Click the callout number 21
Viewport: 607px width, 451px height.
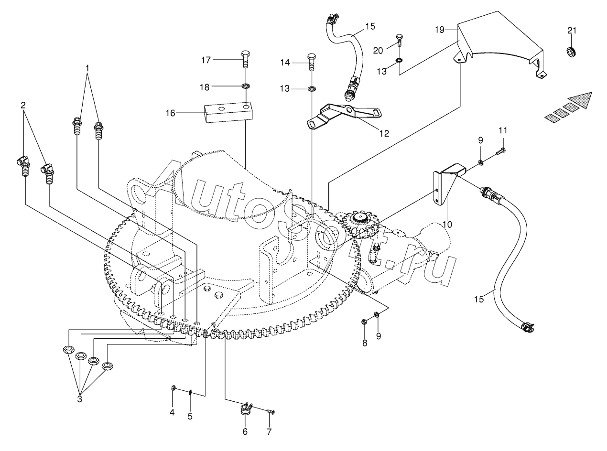coord(572,31)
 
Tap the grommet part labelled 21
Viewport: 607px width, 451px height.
coord(572,51)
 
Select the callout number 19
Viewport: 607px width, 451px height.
coord(440,30)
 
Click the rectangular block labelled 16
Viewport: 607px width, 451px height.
coord(228,113)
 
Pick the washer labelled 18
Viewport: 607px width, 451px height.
coord(246,86)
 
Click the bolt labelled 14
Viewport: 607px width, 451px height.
coord(312,61)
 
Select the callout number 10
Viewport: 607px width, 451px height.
coord(446,224)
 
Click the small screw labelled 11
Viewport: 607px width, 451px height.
coord(500,151)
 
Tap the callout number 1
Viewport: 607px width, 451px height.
coord(87,68)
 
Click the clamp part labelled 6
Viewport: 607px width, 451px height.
coord(245,409)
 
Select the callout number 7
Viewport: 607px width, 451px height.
coord(269,432)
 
